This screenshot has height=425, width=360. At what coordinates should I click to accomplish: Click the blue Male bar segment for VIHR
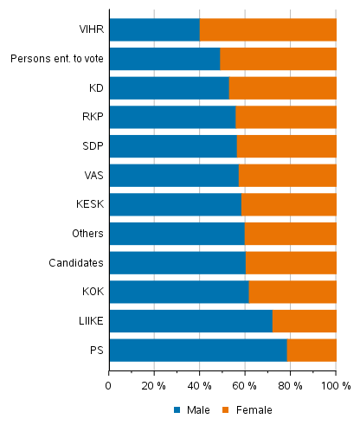154,29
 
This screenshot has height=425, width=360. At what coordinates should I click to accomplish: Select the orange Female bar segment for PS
312,350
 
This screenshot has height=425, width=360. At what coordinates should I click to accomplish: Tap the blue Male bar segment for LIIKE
190,321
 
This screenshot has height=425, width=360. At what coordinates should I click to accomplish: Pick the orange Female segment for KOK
292,292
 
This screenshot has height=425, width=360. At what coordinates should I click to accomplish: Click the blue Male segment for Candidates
177,262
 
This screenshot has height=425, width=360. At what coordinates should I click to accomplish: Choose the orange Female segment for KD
282,88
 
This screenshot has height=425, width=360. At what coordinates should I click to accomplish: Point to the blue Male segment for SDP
173,146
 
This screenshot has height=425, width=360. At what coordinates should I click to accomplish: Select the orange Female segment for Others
290,234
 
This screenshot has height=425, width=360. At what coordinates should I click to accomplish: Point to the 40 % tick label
199,385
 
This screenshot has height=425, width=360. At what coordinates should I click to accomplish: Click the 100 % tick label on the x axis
334,385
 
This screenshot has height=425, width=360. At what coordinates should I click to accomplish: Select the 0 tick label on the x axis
109,385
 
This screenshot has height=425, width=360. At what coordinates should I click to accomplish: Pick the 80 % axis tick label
290,385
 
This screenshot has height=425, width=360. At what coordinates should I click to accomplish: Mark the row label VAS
92,175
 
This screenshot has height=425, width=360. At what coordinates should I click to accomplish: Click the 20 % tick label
154,385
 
